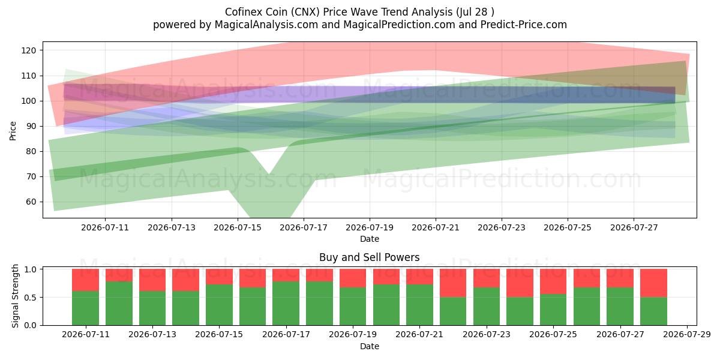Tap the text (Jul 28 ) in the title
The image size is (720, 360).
pyautogui.click(x=475, y=12)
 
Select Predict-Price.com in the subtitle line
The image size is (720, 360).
pyautogui.click(x=523, y=25)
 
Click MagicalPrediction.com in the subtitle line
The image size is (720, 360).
pyautogui.click(x=399, y=25)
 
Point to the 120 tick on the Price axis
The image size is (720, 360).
pyautogui.click(x=29, y=50)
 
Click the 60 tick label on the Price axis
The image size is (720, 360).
pyautogui.click(x=31, y=202)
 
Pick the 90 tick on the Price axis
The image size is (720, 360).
pyautogui.click(x=31, y=127)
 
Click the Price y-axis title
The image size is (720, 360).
pyautogui.click(x=13, y=131)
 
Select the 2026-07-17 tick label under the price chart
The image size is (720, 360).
pyautogui.click(x=304, y=227)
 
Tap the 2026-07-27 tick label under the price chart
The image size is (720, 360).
pyautogui.click(x=634, y=227)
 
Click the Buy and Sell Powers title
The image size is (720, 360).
pyautogui.click(x=370, y=257)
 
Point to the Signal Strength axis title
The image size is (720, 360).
pyautogui.click(x=15, y=296)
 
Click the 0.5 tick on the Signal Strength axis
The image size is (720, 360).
pyautogui.click(x=31, y=298)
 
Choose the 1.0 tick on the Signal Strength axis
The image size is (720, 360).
pyautogui.click(x=31, y=269)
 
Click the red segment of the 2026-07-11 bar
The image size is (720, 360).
pyautogui.click(x=85, y=280)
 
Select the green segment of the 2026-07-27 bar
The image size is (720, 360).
pyautogui.click(x=620, y=307)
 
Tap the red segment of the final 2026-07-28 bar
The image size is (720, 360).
pyautogui.click(x=653, y=283)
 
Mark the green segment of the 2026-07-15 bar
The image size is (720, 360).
pyautogui.click(x=219, y=305)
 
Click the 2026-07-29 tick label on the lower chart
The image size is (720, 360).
pyautogui.click(x=687, y=335)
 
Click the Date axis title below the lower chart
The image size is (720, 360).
pyautogui.click(x=370, y=346)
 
